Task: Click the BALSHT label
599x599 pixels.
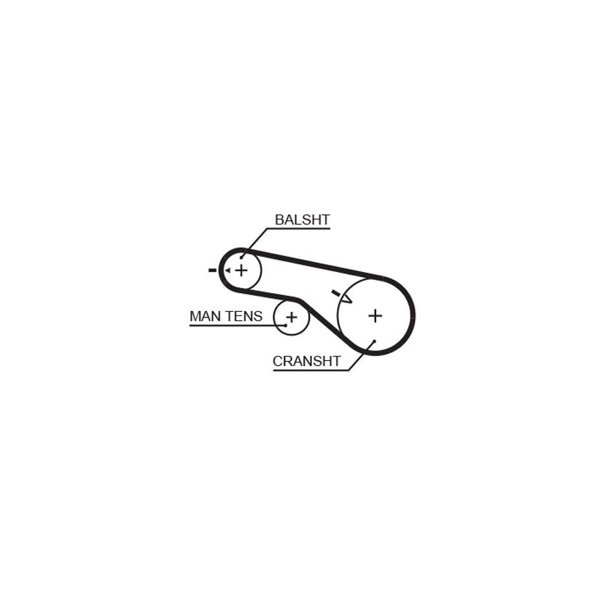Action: [302, 219]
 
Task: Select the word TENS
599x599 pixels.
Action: [245, 316]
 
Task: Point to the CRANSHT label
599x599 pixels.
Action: [307, 361]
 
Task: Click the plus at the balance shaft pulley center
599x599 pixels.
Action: [241, 271]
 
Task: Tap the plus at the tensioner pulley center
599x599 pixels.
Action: [292, 317]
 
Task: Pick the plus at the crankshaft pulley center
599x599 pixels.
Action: [375, 315]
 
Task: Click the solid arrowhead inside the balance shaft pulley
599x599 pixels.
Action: [227, 271]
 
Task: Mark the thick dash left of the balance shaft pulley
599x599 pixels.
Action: [212, 271]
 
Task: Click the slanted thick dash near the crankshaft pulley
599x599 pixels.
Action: [336, 294]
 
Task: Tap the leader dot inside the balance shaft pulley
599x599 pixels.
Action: [241, 258]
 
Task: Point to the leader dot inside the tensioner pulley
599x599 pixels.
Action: [285, 325]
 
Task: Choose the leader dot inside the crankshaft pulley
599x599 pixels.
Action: [375, 341]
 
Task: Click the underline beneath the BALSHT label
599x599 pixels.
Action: [298, 229]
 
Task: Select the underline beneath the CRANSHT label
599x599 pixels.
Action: [311, 370]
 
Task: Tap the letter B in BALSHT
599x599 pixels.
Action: [279, 219]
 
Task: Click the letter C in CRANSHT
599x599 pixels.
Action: [277, 361]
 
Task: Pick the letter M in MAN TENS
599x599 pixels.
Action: [195, 316]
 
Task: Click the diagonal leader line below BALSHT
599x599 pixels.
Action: [254, 243]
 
